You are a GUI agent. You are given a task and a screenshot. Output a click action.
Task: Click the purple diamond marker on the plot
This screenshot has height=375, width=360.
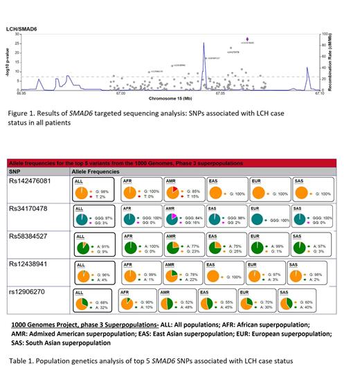pos(249,39)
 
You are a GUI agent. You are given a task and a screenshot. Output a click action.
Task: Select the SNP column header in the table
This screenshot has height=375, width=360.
pos(15,170)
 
